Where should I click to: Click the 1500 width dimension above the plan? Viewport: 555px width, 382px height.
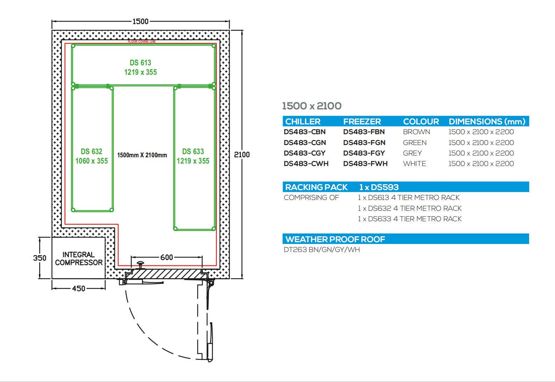(141, 21)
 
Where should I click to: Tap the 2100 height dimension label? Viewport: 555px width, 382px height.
(242, 155)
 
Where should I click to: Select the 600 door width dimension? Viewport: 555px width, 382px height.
(166, 257)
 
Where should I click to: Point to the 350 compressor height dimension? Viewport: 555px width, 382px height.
(40, 258)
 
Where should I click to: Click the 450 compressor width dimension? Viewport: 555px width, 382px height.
(79, 288)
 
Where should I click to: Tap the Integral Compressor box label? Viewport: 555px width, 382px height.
(79, 259)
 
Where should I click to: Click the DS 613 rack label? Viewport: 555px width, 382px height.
(141, 63)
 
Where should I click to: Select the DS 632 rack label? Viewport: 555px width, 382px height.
(91, 151)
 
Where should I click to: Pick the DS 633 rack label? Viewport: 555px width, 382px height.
(193, 151)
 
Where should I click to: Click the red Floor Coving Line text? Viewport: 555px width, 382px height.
(142, 42)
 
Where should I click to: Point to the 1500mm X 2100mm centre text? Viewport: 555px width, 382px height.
(142, 155)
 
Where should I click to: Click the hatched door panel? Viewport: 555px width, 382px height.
(166, 274)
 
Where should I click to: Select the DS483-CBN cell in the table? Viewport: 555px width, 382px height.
(305, 132)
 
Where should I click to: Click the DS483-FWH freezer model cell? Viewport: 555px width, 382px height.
(365, 164)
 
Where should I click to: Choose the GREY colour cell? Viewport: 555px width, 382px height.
(412, 153)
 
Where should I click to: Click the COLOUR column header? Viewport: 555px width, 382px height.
(421, 122)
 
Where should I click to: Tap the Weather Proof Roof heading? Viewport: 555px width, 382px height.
(335, 239)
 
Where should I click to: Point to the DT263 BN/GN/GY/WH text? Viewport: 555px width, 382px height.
(322, 250)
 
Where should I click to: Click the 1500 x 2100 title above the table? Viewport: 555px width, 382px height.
(312, 106)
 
